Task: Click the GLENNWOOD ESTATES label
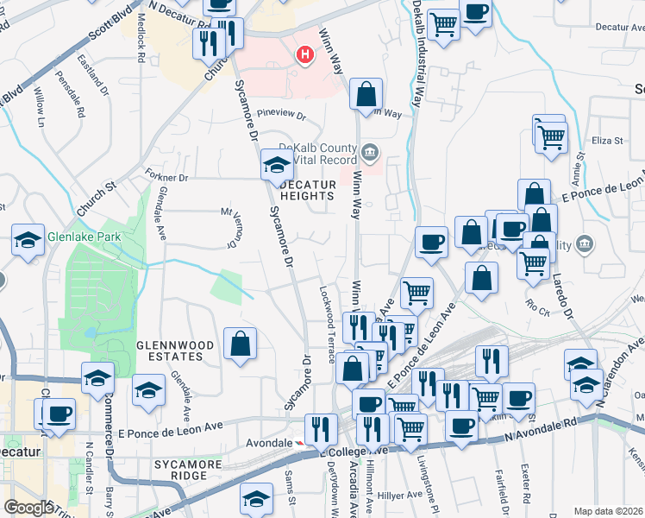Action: pyautogui.click(x=175, y=351)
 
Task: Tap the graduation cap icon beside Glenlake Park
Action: pyautogui.click(x=28, y=240)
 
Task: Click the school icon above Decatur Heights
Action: pyautogui.click(x=277, y=164)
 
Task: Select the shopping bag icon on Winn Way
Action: pyautogui.click(x=366, y=93)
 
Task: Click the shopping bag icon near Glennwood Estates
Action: pyautogui.click(x=240, y=344)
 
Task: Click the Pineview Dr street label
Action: pyautogui.click(x=282, y=114)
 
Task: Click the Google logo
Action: pyautogui.click(x=28, y=508)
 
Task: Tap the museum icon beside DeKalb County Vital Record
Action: pyautogui.click(x=370, y=153)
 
